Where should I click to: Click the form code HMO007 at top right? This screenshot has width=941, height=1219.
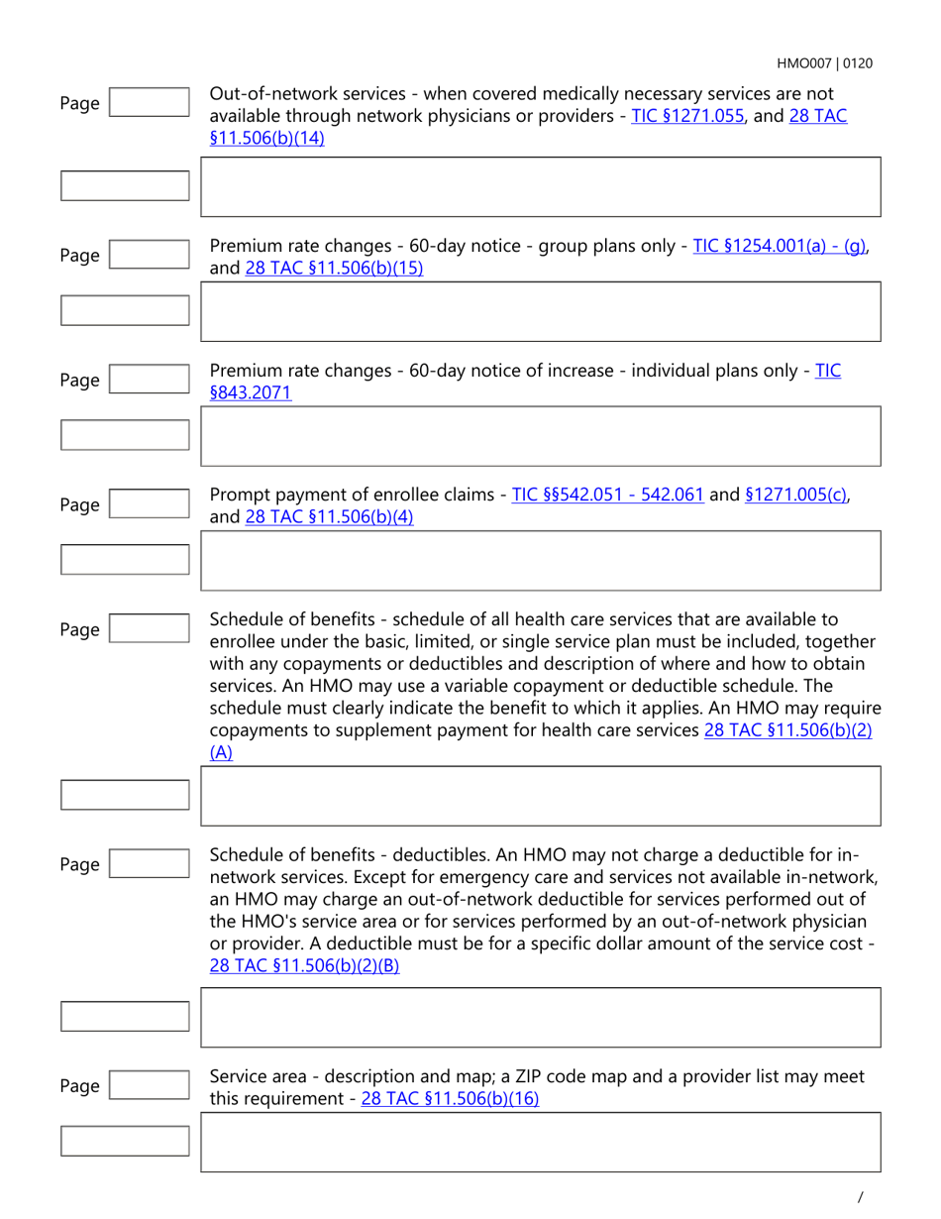tap(806, 63)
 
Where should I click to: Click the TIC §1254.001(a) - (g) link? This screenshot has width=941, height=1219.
tap(780, 246)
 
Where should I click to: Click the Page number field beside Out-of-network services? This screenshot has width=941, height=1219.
tap(148, 103)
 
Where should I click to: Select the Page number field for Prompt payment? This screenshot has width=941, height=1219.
tap(148, 505)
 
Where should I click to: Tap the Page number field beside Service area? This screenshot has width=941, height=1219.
tap(148, 1086)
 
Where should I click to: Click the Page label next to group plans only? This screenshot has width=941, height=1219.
tap(79, 257)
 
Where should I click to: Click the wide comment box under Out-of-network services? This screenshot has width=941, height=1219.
tap(540, 186)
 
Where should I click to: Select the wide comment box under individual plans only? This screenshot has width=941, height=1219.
tap(540, 435)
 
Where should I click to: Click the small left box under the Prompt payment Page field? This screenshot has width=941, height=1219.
tap(125, 559)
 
